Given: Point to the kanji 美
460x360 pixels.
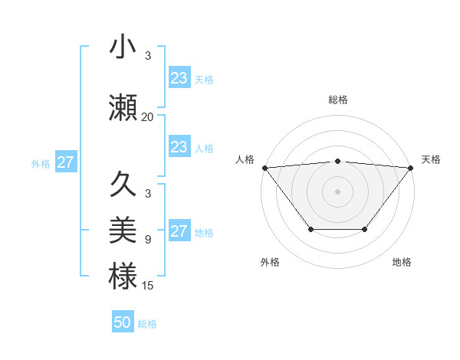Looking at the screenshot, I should [123, 229].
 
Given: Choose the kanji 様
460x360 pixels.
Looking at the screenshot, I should [123, 275].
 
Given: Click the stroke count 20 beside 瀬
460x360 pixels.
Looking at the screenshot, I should [147, 117].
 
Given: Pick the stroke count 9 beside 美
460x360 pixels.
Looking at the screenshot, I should [147, 240].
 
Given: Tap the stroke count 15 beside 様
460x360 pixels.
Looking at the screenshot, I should [147, 286].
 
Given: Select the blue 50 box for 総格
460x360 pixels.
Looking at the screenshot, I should [123, 322].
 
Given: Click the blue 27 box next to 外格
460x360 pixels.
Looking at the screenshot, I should [66, 162].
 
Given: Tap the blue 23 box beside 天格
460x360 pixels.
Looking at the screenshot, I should [179, 78].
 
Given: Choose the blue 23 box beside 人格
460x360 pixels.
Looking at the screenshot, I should [179, 147].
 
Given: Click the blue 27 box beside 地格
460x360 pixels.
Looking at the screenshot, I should [179, 231].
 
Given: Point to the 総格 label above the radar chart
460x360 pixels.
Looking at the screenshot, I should [337, 100].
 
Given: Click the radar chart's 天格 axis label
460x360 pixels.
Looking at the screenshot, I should [431, 159].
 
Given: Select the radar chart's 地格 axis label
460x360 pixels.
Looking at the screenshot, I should [402, 262].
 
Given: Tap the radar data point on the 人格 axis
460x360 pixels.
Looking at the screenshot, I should [264, 168].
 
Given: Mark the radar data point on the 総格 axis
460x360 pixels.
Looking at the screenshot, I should [337, 161].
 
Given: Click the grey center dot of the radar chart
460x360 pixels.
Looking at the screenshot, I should [337, 191].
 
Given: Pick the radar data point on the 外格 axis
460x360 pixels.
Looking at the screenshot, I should [310, 229].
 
